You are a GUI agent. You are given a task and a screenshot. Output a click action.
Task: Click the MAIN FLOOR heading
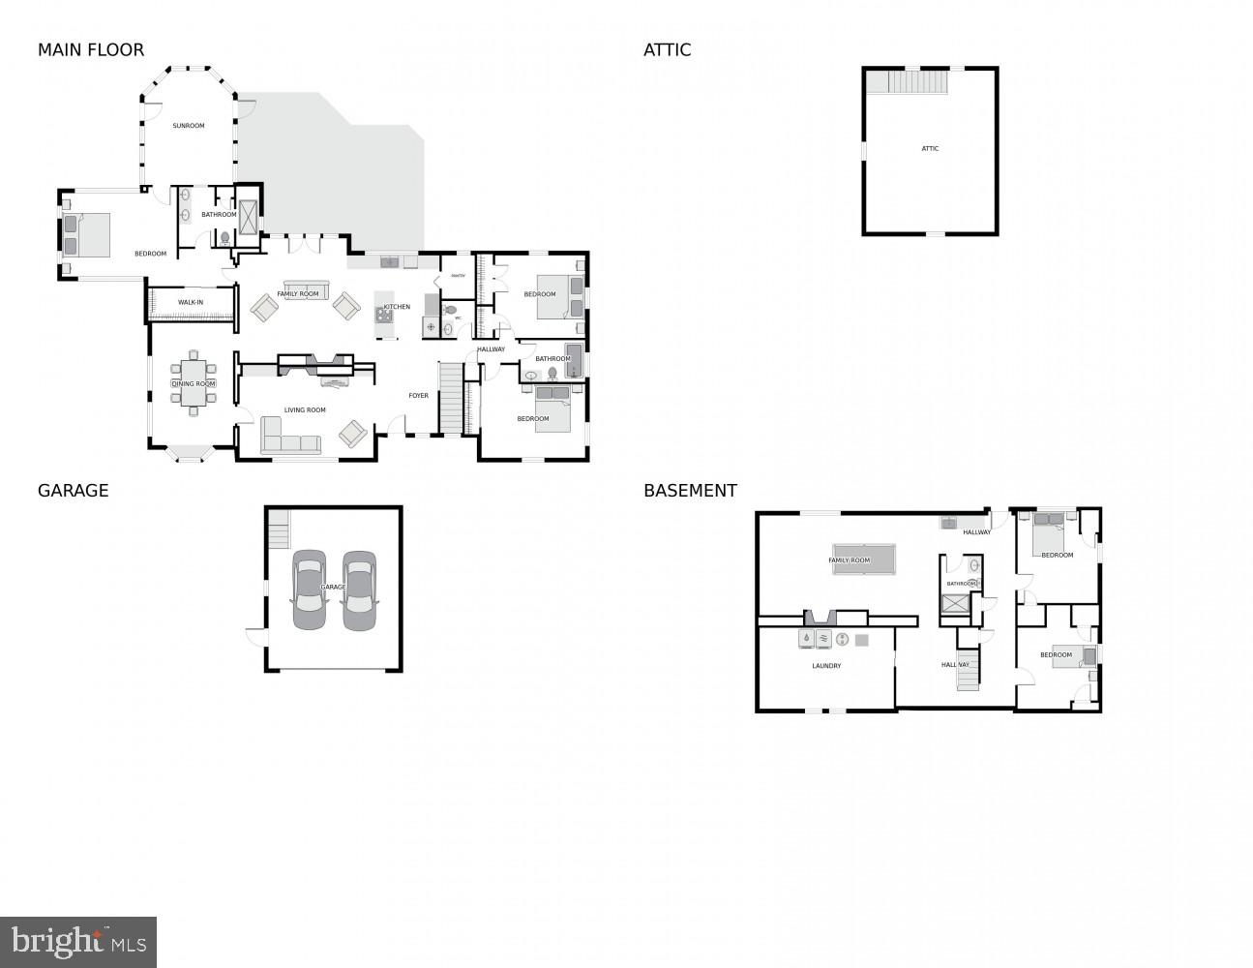point(90,50)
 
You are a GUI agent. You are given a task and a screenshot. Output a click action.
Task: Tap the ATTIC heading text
point(667,50)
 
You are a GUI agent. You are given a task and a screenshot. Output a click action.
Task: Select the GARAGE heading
point(73,491)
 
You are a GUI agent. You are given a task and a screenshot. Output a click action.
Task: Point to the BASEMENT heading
point(690,491)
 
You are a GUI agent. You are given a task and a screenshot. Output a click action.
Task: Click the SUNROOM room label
point(189,126)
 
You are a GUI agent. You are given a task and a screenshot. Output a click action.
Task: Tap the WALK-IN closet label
point(191,303)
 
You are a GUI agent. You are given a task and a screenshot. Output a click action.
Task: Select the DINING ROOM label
point(194,384)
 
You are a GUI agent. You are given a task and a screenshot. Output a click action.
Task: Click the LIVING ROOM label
point(305,410)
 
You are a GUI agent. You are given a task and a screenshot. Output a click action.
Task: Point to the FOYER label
point(418,396)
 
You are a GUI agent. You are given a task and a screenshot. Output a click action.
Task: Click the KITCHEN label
point(397,307)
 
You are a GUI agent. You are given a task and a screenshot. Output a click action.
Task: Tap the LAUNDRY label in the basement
point(826,666)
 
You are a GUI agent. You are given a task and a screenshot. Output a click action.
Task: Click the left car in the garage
point(310,590)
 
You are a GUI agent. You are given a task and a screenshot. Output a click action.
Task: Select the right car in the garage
point(359,590)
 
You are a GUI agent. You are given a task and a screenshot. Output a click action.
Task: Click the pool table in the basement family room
point(863,560)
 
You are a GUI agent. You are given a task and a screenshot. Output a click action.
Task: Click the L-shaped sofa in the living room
point(287,439)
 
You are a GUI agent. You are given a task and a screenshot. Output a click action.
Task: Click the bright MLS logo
point(78,942)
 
